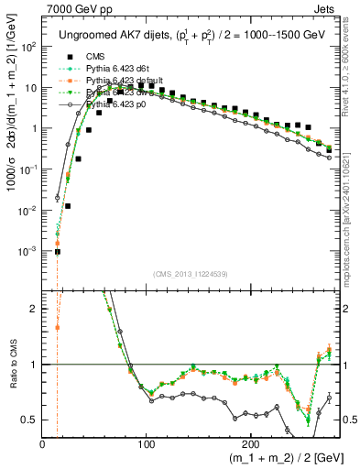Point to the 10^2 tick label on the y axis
pyautogui.click(x=27, y=47)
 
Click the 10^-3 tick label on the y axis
pyautogui.click(x=27, y=251)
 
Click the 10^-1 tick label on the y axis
pyautogui.click(x=27, y=169)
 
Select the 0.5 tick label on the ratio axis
pyautogui.click(x=29, y=420)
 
